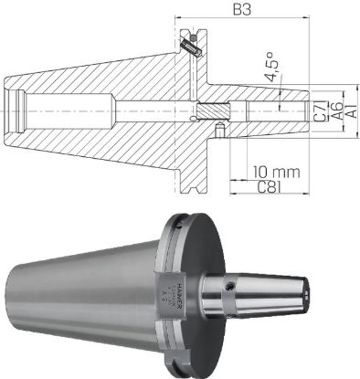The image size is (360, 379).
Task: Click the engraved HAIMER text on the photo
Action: (x=180, y=293)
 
